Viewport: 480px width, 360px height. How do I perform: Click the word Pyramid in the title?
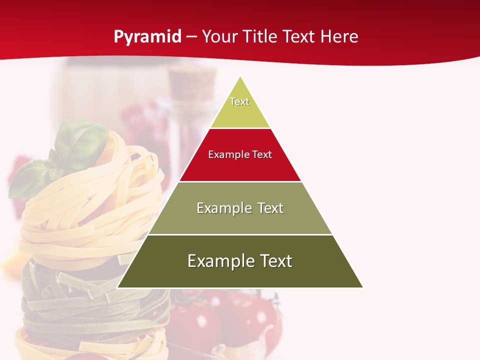(147, 36)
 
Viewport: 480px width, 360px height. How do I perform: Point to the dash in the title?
(191, 37)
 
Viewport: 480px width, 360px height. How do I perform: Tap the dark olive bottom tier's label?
(240, 261)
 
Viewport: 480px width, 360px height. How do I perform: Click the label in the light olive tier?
(240, 208)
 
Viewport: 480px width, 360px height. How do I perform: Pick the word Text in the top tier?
(239, 101)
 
